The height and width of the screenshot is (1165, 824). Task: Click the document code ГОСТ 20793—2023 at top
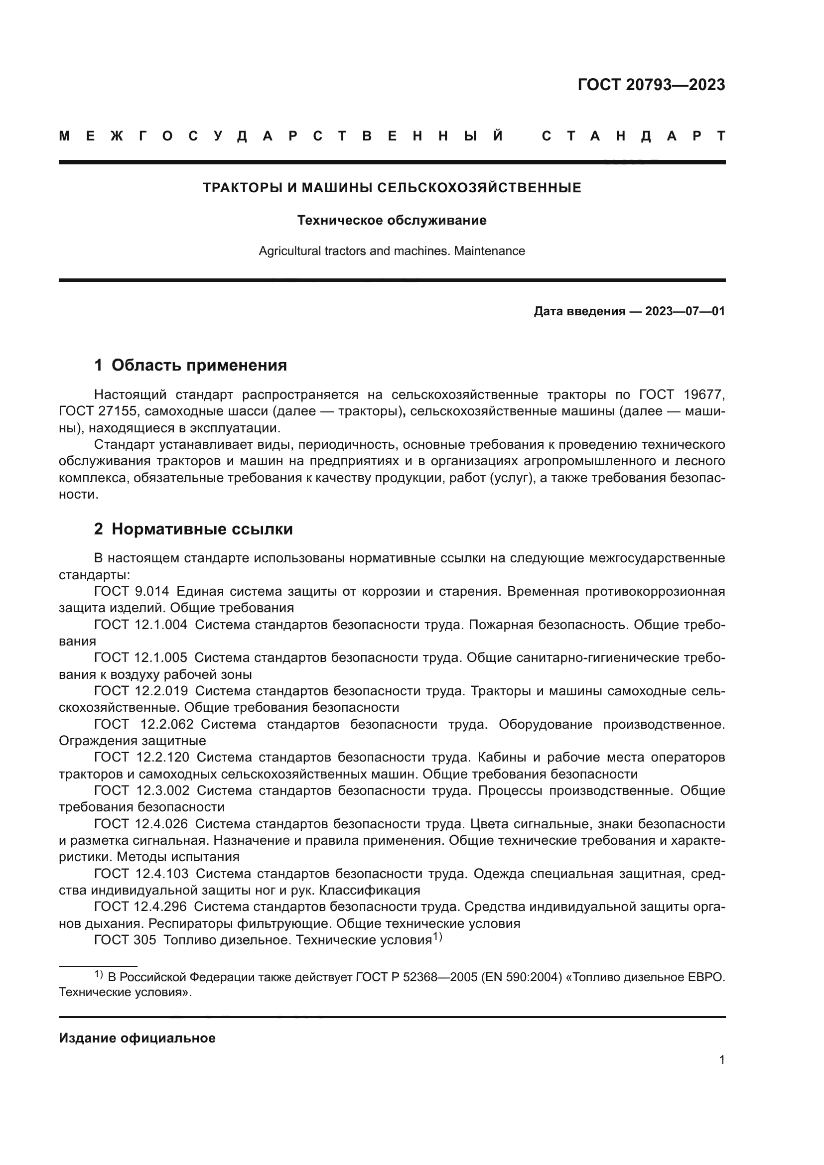(651, 85)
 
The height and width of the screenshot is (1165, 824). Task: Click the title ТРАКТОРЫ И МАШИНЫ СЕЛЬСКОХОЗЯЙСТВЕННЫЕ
(392, 188)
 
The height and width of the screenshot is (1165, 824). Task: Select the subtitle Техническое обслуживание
(392, 220)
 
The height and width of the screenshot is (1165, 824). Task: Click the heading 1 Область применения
(190, 365)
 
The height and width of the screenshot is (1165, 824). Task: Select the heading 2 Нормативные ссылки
(193, 529)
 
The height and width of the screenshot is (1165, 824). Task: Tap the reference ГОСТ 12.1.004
(140, 624)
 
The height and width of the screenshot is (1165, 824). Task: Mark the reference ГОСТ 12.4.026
(140, 823)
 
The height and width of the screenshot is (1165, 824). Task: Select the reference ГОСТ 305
(125, 940)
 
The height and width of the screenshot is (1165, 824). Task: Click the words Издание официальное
(137, 1037)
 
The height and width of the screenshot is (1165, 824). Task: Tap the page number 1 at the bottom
(721, 1059)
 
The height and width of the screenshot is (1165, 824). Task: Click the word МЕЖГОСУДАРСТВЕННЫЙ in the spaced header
(281, 136)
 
